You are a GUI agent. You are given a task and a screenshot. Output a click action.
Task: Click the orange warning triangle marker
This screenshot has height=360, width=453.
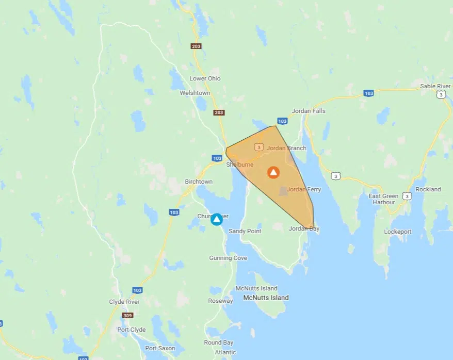[273, 172]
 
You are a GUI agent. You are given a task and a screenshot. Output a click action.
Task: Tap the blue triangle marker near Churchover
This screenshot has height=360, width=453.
[217, 219]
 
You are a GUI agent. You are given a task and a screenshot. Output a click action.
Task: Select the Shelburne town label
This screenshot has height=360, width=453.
[240, 165]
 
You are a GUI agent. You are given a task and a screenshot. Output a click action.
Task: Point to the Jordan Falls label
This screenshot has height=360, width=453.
[309, 111]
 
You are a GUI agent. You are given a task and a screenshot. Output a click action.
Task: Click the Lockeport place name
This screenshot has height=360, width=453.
[398, 232]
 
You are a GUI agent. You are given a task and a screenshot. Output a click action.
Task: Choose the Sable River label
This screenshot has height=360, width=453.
[435, 86]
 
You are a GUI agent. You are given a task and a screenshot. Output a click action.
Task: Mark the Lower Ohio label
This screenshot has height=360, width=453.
[205, 78]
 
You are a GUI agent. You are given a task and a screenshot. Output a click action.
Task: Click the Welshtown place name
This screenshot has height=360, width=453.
[195, 93]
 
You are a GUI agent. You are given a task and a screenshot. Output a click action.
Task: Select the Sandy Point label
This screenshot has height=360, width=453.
[245, 231]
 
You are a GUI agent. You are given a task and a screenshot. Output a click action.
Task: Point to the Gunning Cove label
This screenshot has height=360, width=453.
[228, 258]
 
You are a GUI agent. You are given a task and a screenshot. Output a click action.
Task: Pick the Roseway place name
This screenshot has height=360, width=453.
[220, 301]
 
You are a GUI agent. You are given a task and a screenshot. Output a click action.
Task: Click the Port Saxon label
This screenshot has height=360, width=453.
[160, 348]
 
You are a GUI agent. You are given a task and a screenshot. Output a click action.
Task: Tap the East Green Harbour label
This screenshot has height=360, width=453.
[383, 199]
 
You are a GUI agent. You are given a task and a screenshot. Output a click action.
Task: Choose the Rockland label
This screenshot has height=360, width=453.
[428, 189]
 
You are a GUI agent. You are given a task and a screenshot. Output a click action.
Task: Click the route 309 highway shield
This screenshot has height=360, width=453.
[127, 315]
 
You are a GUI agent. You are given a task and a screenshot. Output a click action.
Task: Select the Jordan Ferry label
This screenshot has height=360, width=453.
[304, 189]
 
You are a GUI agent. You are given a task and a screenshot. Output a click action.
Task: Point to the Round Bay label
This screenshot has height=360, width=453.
[219, 342]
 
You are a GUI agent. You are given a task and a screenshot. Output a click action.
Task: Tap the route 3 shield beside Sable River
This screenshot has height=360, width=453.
[441, 94]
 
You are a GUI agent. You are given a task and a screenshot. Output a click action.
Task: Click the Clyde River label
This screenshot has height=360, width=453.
[124, 302]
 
